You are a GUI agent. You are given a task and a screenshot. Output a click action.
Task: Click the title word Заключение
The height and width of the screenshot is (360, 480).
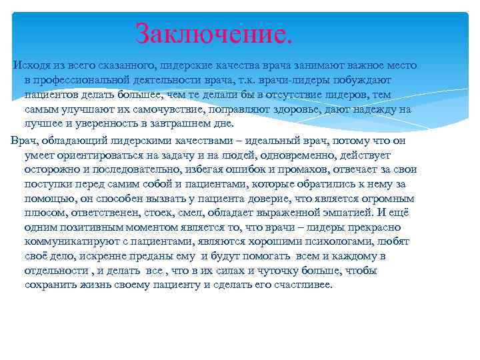(213, 33)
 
